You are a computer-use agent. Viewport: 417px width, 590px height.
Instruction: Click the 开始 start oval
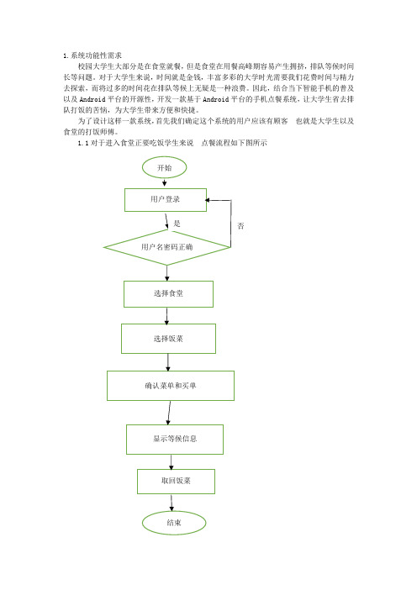pyautogui.click(x=164, y=167)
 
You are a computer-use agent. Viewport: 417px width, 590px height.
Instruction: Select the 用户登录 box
pyautogui.click(x=166, y=200)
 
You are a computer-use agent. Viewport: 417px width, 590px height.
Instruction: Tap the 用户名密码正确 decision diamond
pyautogui.click(x=166, y=247)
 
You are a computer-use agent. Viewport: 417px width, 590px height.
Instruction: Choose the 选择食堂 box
pyautogui.click(x=168, y=294)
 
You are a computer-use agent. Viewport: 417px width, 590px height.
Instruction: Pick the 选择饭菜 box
pyautogui.click(x=168, y=339)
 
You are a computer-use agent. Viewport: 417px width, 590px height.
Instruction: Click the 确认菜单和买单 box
pyautogui.click(x=171, y=386)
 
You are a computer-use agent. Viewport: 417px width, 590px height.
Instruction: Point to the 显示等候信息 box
pyautogui.click(x=175, y=439)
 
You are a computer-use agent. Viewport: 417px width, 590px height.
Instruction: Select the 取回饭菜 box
pyautogui.click(x=176, y=482)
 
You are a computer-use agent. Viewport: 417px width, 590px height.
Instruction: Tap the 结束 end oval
pyautogui.click(x=174, y=523)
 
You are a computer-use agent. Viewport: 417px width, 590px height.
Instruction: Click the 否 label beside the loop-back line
pyautogui.click(x=240, y=226)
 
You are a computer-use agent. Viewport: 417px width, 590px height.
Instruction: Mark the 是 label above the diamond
pyautogui.click(x=177, y=224)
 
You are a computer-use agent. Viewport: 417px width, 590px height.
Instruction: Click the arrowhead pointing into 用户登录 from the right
pyautogui.click(x=208, y=200)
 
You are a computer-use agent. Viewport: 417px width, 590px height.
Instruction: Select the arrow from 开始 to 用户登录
pyautogui.click(x=165, y=182)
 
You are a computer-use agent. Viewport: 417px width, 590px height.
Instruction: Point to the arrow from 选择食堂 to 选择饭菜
pyautogui.click(x=166, y=316)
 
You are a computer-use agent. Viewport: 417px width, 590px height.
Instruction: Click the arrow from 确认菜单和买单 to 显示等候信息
pyautogui.click(x=169, y=413)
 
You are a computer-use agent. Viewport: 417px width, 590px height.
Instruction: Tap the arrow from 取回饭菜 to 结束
pyautogui.click(x=172, y=503)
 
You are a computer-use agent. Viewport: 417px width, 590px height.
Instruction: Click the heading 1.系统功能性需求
pyautogui.click(x=92, y=55)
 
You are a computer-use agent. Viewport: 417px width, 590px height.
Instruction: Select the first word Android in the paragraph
pyautogui.click(x=92, y=99)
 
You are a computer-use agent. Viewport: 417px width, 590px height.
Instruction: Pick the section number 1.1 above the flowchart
pyautogui.click(x=82, y=143)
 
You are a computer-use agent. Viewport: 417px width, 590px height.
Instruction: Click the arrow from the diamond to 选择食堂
pyautogui.click(x=167, y=273)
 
